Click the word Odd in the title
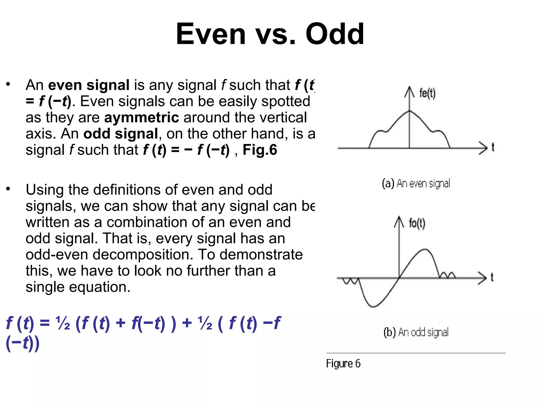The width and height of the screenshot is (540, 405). [x=335, y=34]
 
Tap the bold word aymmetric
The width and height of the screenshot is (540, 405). [x=142, y=118]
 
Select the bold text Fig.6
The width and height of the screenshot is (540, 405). [x=260, y=150]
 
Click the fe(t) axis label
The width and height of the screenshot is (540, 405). [x=427, y=94]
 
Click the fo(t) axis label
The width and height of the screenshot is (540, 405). [x=417, y=223]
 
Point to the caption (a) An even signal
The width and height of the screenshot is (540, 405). [x=416, y=183]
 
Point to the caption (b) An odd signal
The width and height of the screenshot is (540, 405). [x=416, y=332]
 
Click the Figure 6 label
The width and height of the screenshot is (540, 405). [x=343, y=364]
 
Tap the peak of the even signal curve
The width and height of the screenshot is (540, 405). [x=409, y=111]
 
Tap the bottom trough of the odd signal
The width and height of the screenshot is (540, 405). [x=373, y=306]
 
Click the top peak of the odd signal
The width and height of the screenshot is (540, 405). [x=425, y=249]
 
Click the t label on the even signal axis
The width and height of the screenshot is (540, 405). [x=493, y=147]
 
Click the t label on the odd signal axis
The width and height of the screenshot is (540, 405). [x=492, y=277]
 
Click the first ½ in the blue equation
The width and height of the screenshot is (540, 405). [x=63, y=323]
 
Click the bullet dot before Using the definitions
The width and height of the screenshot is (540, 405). [x=8, y=189]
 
